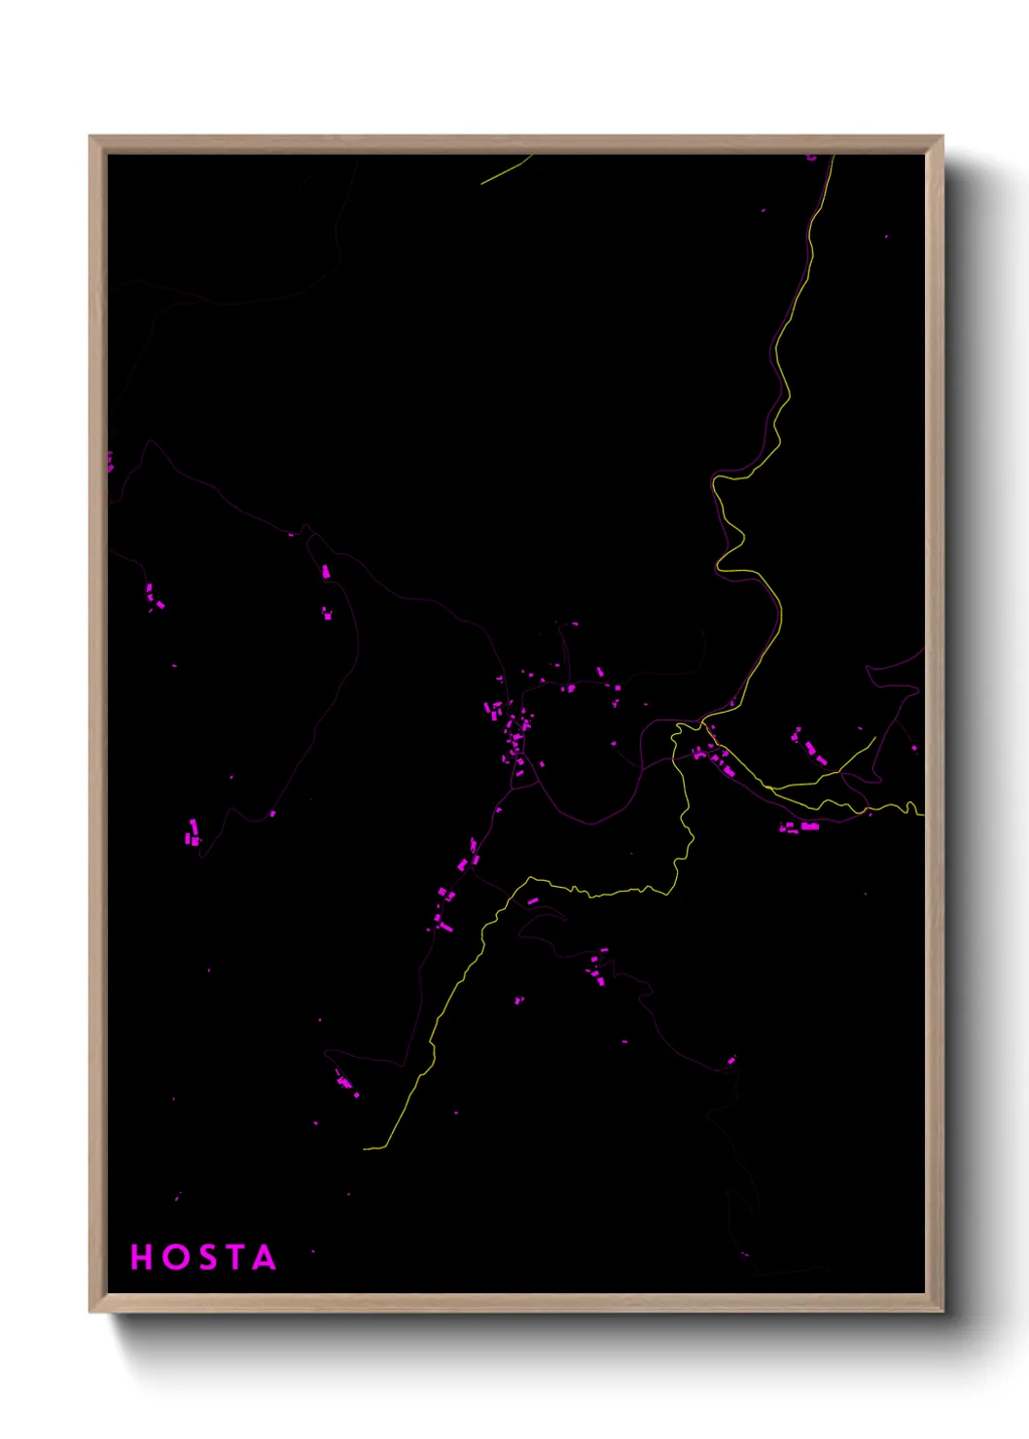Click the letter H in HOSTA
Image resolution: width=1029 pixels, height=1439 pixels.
click(142, 1257)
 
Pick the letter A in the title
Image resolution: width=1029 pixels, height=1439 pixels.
click(264, 1257)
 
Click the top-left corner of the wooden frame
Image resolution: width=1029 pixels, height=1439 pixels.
click(90, 137)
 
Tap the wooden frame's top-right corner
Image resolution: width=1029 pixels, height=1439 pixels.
click(941, 137)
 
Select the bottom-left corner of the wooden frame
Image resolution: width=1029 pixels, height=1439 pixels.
click(90, 1311)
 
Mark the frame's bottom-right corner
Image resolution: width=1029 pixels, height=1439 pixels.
click(941, 1311)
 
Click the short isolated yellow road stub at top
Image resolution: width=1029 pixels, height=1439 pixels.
click(506, 169)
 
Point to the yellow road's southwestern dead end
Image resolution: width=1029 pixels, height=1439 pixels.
click(366, 1148)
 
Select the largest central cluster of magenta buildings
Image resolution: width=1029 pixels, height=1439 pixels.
click(514, 734)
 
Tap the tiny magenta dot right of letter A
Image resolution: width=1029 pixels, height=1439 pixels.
click(312, 1251)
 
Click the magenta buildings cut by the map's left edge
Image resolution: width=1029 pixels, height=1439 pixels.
click(110, 462)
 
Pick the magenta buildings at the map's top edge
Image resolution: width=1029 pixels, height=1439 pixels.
click(811, 157)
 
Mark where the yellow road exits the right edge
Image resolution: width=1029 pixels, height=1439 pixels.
click(921, 810)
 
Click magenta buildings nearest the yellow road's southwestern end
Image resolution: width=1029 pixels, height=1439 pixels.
click(346, 1083)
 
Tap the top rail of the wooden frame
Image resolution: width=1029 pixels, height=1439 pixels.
click(515, 144)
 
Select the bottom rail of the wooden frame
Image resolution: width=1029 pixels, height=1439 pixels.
click(515, 1303)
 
